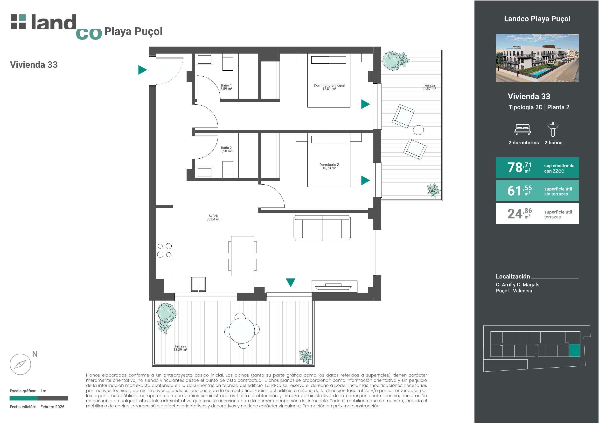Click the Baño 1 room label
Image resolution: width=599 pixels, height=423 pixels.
[x=226, y=87]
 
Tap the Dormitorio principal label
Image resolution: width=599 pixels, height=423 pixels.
[x=329, y=87]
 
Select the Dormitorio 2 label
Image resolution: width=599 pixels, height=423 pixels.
[x=329, y=166]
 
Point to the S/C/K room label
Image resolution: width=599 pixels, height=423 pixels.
[x=213, y=218]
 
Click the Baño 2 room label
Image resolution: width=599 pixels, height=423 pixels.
[x=226, y=149]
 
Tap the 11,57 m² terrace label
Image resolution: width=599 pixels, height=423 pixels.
[x=429, y=87]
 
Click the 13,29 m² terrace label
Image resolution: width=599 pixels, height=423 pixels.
[x=180, y=348]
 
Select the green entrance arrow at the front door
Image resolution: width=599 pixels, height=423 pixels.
[x=142, y=70]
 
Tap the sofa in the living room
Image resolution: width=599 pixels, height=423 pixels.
[x=322, y=228]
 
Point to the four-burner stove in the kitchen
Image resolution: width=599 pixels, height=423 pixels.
[x=164, y=250]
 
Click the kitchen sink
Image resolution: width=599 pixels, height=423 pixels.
[x=199, y=284]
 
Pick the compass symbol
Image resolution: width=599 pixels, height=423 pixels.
[x=20, y=364]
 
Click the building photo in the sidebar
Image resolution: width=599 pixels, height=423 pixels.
[x=537, y=58]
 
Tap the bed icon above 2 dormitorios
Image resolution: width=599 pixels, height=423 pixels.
[x=522, y=129]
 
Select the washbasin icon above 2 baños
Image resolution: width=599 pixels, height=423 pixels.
[x=553, y=129]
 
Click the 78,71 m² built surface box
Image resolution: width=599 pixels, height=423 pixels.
[x=537, y=168]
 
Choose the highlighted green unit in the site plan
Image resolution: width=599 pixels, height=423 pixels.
[x=574, y=350]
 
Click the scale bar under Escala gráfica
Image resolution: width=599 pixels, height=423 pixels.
[x=39, y=398]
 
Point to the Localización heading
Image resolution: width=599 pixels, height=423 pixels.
[x=513, y=276]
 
